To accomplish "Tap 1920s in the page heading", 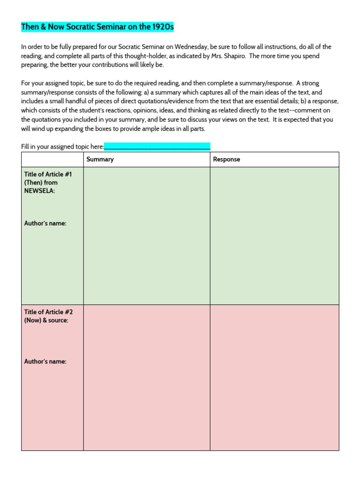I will click(x=163, y=27).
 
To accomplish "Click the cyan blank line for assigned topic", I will click(x=157, y=147).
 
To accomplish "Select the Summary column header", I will click(x=100, y=159).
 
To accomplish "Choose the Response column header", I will click(x=226, y=159).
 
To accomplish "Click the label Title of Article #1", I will click(x=48, y=174).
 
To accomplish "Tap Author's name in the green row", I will click(x=45, y=224).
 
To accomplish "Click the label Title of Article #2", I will click(x=48, y=312).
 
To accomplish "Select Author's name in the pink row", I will click(x=45, y=361).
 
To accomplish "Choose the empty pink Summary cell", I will click(x=147, y=377).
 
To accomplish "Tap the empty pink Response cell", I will click(x=274, y=377).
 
